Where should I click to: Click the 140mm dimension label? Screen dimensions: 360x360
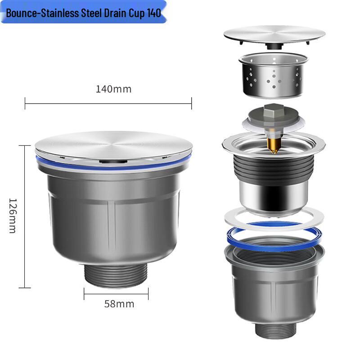pyautogui.click(x=113, y=89)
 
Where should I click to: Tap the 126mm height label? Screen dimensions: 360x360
pyautogui.click(x=12, y=216)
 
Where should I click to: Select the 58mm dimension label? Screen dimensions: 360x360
pyautogui.click(x=119, y=304)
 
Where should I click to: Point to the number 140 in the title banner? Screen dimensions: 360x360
pyautogui.click(x=153, y=13)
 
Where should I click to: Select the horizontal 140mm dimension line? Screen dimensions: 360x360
pyautogui.click(x=108, y=103)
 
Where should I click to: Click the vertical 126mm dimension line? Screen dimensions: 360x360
pyautogui.click(x=25, y=216)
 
